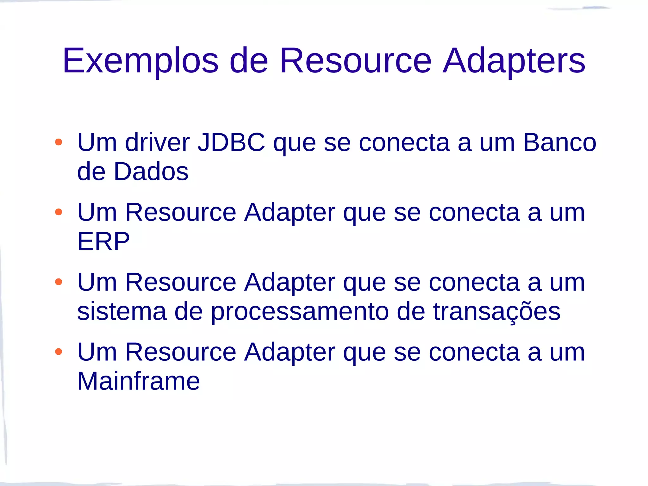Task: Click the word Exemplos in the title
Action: point(140,61)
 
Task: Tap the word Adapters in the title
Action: point(514,61)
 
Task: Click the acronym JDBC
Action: point(231,142)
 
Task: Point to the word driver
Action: point(157,142)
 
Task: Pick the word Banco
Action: point(559,142)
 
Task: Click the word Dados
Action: point(151,171)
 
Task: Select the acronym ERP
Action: point(103,241)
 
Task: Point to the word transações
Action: point(497,312)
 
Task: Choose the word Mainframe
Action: point(139,381)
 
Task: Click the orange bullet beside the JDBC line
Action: point(59,142)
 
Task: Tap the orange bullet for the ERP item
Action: point(59,212)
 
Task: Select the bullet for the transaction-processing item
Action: point(59,282)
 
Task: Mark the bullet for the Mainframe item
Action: point(59,352)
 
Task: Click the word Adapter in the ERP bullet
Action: point(290,213)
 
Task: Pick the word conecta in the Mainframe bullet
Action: point(474,352)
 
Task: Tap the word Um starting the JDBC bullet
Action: point(97,142)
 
